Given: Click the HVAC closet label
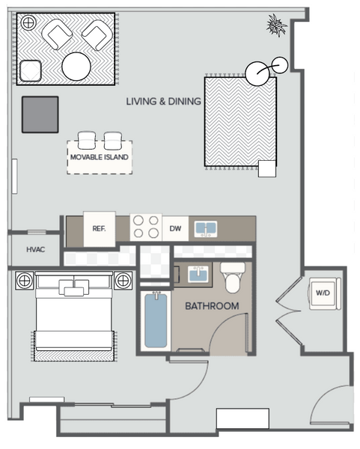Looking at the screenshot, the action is [36, 249].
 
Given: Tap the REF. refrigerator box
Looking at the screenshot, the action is [100, 229].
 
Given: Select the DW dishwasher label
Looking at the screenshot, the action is [175, 228].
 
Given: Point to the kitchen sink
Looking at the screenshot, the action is [206, 229].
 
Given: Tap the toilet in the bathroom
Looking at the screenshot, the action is [233, 278].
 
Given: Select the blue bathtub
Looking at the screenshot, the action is [156, 320].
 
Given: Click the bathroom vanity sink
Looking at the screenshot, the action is [198, 274].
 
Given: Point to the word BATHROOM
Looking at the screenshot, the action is [212, 306].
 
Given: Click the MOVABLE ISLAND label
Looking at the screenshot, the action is [100, 157].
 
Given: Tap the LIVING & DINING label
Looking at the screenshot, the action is [163, 101].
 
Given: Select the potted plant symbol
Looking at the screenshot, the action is [276, 25].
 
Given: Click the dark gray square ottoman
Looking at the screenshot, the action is [40, 114].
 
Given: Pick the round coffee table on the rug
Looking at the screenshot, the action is [76, 67].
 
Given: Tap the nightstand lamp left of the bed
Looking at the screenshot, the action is [25, 281].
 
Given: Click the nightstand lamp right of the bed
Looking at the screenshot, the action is [123, 281].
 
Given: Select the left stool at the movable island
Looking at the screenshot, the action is [87, 141].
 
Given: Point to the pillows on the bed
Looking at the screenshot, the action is [74, 287].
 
